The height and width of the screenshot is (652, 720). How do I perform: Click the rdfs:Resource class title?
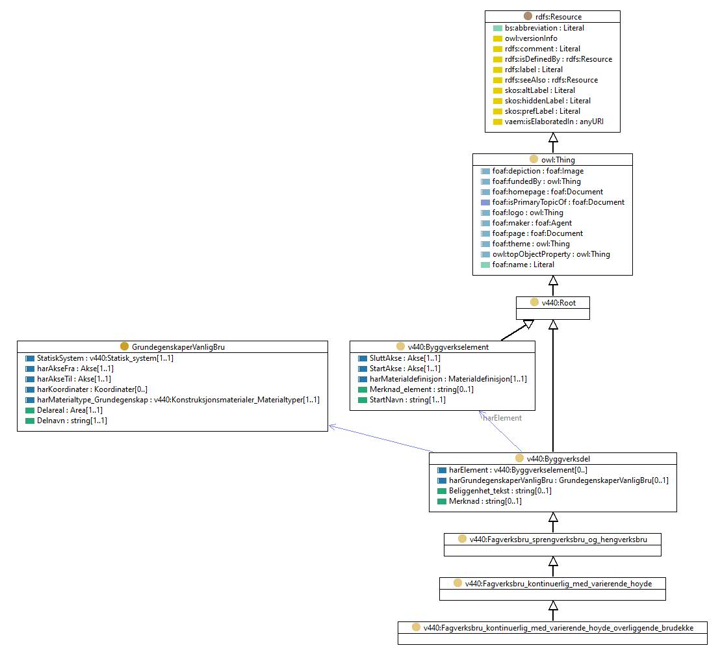click(x=558, y=16)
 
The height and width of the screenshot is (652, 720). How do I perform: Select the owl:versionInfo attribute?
click(x=531, y=38)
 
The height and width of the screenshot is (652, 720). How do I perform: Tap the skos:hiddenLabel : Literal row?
click(x=547, y=101)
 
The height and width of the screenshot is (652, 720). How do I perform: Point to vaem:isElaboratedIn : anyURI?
click(x=554, y=122)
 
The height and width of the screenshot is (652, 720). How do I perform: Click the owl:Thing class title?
click(x=558, y=159)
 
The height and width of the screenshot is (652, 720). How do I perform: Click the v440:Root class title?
click(x=558, y=302)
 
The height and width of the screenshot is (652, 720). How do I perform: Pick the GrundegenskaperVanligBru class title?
click(x=178, y=346)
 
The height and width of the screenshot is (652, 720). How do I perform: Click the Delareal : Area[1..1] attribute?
click(x=70, y=410)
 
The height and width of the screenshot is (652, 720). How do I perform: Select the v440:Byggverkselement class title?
click(x=448, y=346)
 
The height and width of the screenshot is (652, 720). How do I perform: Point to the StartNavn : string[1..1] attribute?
click(x=407, y=399)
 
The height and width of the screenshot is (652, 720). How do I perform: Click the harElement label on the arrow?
click(x=502, y=418)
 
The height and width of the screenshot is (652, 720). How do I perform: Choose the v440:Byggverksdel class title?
click(x=558, y=458)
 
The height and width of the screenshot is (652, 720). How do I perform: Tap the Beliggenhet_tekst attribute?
click(x=500, y=490)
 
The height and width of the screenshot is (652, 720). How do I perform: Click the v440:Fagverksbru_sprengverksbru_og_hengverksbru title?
click(x=558, y=539)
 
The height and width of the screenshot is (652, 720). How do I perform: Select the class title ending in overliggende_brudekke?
click(x=558, y=627)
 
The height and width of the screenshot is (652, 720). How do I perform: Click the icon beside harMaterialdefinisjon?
click(x=363, y=379)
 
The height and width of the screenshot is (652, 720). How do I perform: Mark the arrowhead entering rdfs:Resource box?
click(x=553, y=137)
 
